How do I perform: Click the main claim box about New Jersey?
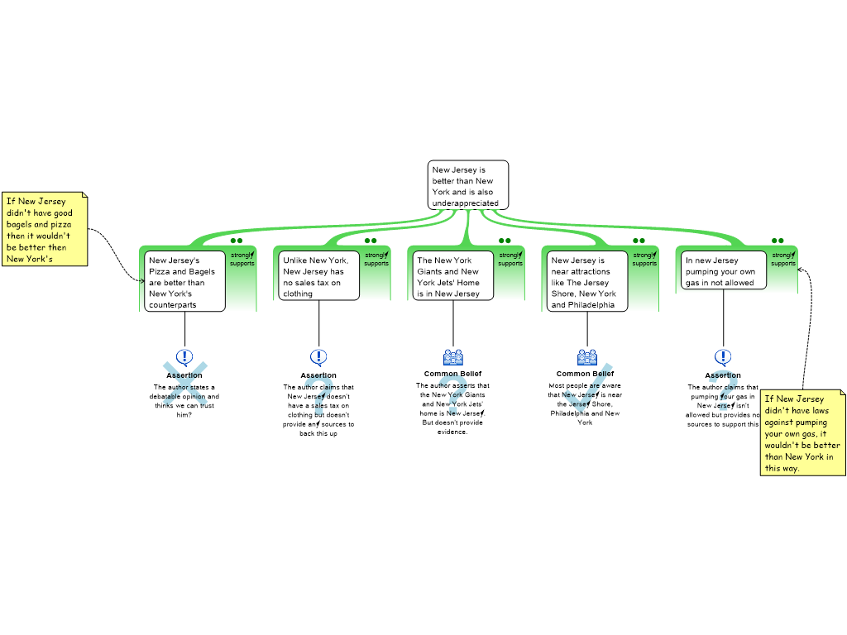pyautogui.click(x=467, y=185)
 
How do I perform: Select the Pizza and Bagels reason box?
pyautogui.click(x=185, y=282)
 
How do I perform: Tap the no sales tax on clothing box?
pyautogui.click(x=318, y=276)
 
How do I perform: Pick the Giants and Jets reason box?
pyautogui.click(x=452, y=276)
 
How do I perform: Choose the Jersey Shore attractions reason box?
pyautogui.click(x=586, y=282)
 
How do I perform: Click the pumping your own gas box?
pyautogui.click(x=720, y=271)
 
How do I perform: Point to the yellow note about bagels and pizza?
pyautogui.click(x=45, y=230)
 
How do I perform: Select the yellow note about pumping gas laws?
pyautogui.click(x=802, y=433)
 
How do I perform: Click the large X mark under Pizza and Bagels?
pyautogui.click(x=184, y=384)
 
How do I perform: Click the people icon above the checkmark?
pyautogui.click(x=587, y=357)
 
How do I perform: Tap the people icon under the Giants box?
pyautogui.click(x=453, y=357)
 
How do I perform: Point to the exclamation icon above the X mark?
pyautogui.click(x=184, y=356)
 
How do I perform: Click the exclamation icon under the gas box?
pyautogui.click(x=723, y=356)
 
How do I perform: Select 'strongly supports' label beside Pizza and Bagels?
pyautogui.click(x=242, y=259)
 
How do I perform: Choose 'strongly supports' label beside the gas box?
pyautogui.click(x=782, y=259)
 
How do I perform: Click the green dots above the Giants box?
pyautogui.click(x=505, y=241)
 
